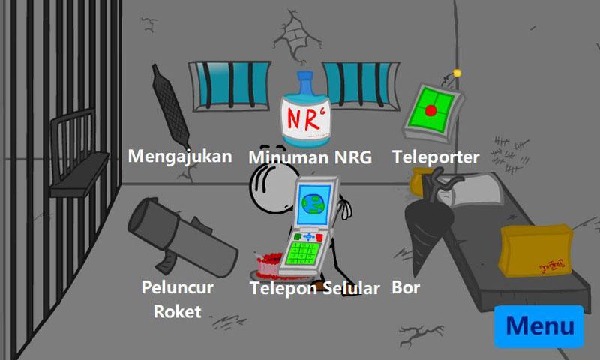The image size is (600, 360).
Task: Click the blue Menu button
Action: point(538,326)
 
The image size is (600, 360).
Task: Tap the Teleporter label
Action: point(436,157)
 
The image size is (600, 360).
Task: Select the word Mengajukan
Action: point(180,157)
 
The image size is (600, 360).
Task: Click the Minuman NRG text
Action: point(310,157)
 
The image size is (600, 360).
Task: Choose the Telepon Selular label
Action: point(315,288)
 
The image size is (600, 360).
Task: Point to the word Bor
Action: point(406,287)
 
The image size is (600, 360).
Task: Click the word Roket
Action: point(178,311)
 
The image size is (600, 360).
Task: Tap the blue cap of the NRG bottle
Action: point(305,81)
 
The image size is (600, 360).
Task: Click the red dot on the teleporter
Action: point(430,110)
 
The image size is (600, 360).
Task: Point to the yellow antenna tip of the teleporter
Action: point(457,73)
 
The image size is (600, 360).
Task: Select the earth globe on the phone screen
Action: point(313,203)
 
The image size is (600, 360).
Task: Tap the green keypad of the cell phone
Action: point(303,253)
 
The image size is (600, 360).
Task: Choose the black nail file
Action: point(170,106)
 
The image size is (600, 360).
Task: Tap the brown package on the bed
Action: point(535,250)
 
